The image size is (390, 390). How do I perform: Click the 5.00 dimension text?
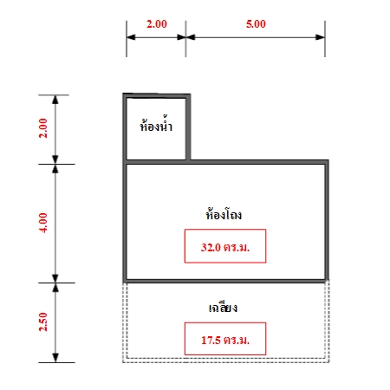click(256, 23)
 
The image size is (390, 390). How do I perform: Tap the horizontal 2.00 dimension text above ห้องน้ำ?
click(157, 23)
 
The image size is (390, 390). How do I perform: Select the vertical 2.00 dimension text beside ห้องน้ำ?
click(43, 128)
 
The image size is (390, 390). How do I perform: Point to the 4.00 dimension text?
click(43, 223)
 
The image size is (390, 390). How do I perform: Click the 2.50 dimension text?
click(43, 322)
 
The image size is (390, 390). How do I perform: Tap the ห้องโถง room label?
click(224, 214)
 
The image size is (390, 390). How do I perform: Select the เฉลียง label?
click(223, 308)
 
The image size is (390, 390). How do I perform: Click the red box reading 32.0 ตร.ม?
click(225, 246)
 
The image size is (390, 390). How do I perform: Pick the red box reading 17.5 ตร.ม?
click(225, 339)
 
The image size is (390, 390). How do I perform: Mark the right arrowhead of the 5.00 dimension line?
click(321, 37)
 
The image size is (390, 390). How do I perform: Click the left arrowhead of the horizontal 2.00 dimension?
click(131, 37)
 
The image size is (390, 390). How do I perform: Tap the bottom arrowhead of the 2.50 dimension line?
click(55, 358)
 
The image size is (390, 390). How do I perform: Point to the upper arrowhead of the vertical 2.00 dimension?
click(55, 100)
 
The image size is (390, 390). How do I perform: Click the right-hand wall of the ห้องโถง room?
click(327, 221)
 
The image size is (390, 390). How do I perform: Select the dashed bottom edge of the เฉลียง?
click(226, 361)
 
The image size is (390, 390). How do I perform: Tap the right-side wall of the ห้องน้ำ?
click(188, 127)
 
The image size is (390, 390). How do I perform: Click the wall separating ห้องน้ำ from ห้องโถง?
click(156, 162)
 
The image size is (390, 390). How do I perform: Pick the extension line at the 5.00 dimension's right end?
click(325, 39)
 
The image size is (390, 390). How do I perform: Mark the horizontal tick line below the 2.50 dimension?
click(56, 362)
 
